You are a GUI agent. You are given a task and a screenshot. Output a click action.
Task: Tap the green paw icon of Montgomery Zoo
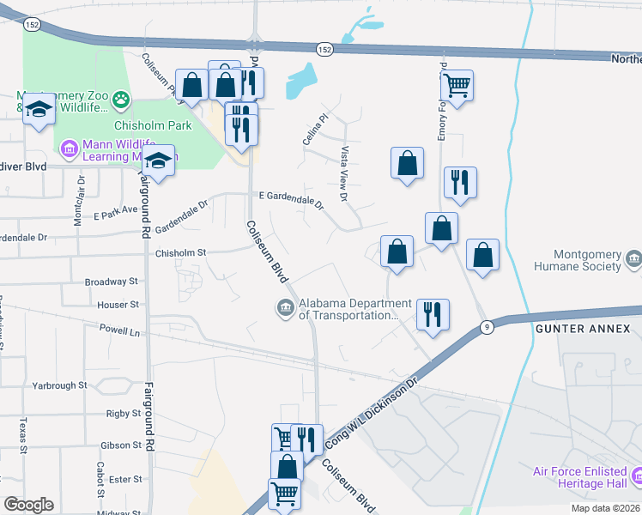[123, 100]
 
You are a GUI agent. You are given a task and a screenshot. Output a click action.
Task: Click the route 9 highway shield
[487, 326]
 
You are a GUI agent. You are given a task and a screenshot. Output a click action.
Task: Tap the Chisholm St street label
[181, 253]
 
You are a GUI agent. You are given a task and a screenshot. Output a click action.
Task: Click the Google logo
[28, 505]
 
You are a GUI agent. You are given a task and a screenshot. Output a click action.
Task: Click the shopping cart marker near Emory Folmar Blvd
[457, 85]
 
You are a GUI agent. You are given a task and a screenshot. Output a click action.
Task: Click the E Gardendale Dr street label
[291, 200]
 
